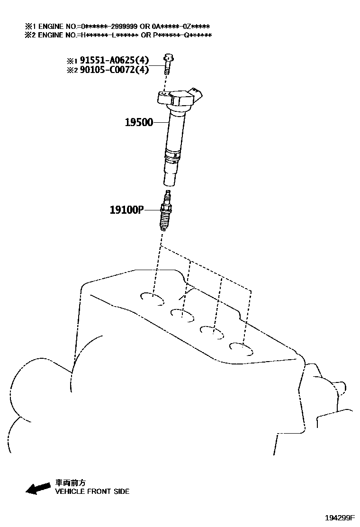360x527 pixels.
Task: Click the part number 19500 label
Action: click(139, 122)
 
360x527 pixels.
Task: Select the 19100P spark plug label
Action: click(126, 209)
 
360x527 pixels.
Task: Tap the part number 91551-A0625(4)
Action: click(114, 60)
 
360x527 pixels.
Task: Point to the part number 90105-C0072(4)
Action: click(114, 70)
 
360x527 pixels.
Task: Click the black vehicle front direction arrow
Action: click(38, 488)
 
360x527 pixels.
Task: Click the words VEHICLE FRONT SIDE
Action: click(92, 491)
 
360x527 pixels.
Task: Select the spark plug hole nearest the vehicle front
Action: click(153, 298)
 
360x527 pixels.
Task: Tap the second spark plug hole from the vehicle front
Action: click(182, 314)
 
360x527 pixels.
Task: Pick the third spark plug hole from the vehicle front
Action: click(212, 331)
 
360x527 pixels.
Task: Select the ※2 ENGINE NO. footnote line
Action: click(118, 35)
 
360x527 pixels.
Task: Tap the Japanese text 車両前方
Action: click(71, 483)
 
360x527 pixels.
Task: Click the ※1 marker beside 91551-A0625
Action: click(72, 61)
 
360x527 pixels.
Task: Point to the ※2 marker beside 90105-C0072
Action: click(72, 70)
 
